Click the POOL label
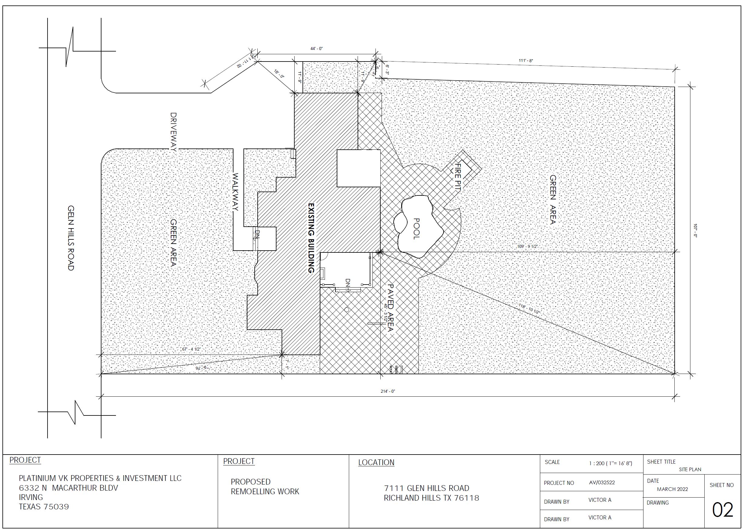coord(416,229)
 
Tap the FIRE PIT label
coord(458,178)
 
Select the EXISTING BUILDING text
coord(311,238)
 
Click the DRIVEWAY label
coord(174,132)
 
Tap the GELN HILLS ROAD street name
coord(71,238)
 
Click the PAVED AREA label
coord(390,308)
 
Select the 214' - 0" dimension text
coord(388,391)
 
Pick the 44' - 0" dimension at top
coord(316,48)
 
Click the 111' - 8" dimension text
coord(526,61)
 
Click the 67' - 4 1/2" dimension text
coord(191,349)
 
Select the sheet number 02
coord(723,510)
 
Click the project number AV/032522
coord(602,483)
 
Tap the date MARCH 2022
coord(672,489)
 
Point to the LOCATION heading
coord(376,462)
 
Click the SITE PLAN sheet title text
coord(690,470)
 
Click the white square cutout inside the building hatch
coord(358,168)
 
